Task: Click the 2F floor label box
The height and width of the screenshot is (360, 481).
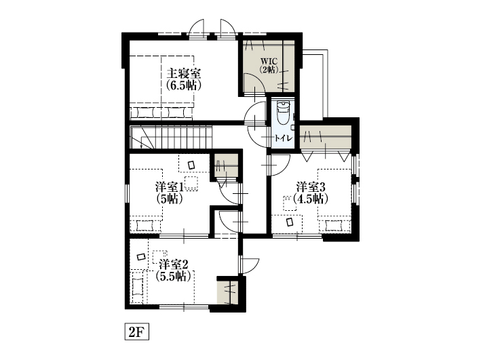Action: click(136, 332)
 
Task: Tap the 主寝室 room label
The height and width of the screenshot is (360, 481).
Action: click(184, 74)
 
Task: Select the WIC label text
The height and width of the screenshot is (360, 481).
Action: click(269, 60)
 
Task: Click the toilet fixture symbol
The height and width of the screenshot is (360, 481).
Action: click(283, 113)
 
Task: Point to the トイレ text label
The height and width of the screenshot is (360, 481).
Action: click(284, 138)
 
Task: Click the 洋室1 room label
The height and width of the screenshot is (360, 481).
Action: click(169, 186)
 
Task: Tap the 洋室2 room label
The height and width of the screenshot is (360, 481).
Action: click(173, 264)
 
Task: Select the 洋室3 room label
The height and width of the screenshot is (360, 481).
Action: click(311, 186)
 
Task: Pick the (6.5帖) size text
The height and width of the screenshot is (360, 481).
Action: click(184, 85)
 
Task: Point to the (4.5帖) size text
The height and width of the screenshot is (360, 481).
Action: click(311, 199)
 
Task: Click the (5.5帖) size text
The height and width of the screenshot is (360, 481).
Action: click(173, 277)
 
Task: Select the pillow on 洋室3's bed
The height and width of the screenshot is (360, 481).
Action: click(334, 226)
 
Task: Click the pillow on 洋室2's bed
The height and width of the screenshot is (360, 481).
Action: click(138, 287)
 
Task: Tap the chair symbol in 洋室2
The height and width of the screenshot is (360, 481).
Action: click(141, 257)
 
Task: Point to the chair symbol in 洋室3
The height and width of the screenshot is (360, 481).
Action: click(290, 222)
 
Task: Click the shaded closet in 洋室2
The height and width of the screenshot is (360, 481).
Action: click(227, 292)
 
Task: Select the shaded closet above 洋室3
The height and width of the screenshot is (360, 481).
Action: click(326, 137)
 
